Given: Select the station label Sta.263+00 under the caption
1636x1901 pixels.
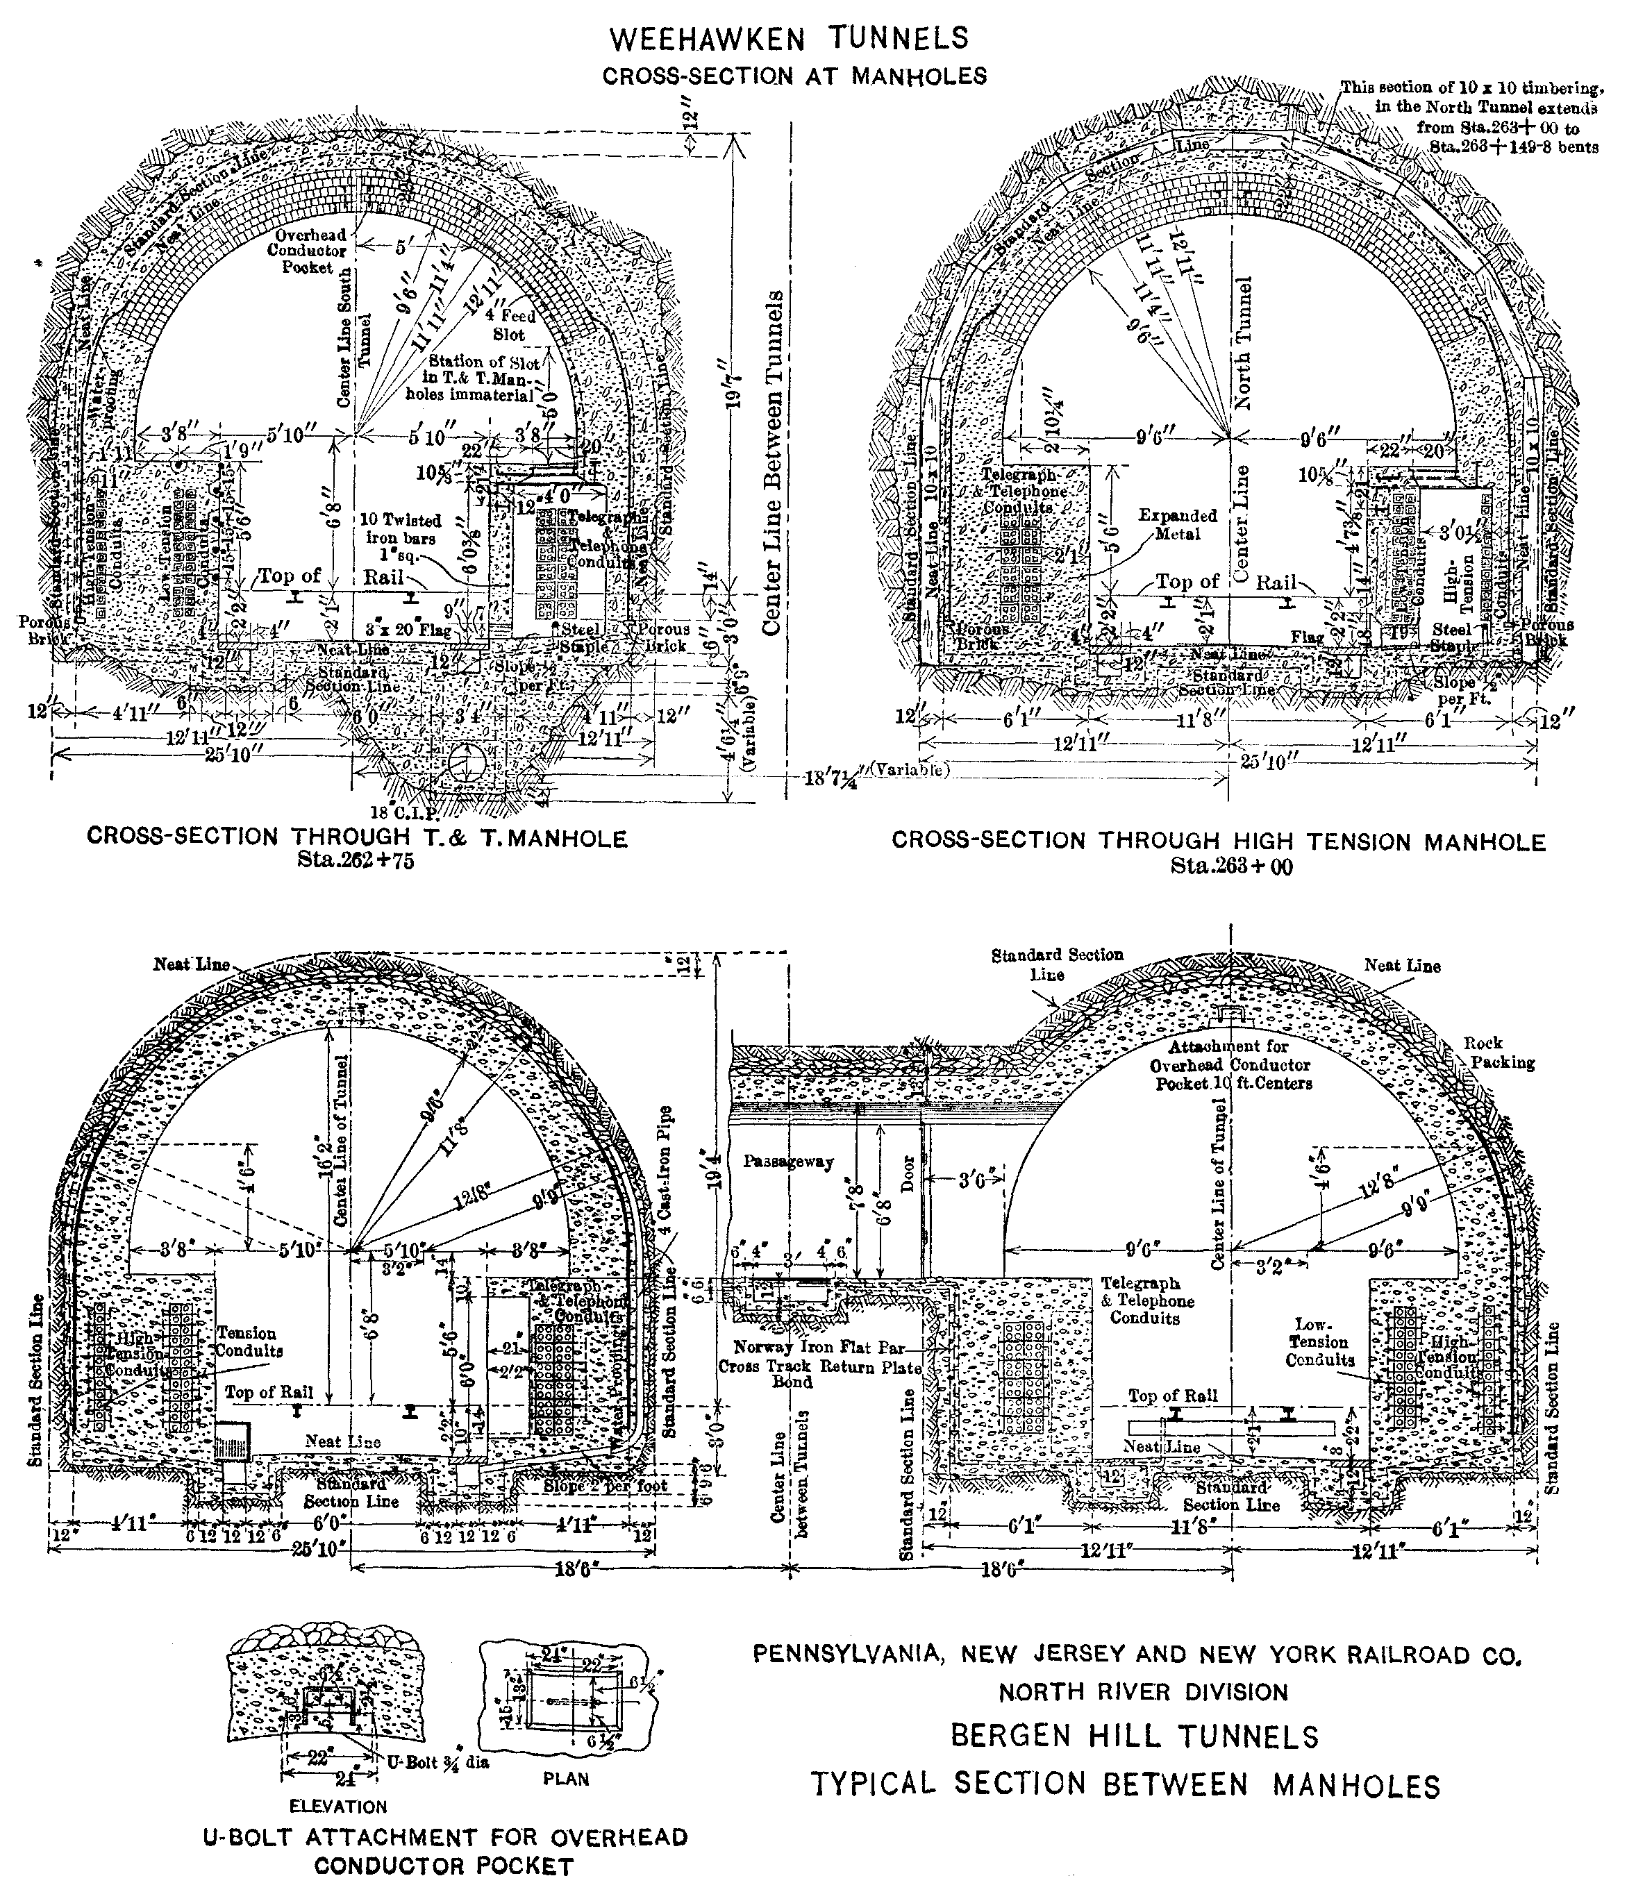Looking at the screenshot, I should [1231, 864].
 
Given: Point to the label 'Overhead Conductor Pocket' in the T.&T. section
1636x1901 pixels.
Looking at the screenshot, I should [306, 251].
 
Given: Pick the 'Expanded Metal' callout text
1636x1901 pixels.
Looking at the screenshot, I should [1177, 524].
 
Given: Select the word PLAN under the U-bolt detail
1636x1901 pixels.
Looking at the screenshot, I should [565, 1778].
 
